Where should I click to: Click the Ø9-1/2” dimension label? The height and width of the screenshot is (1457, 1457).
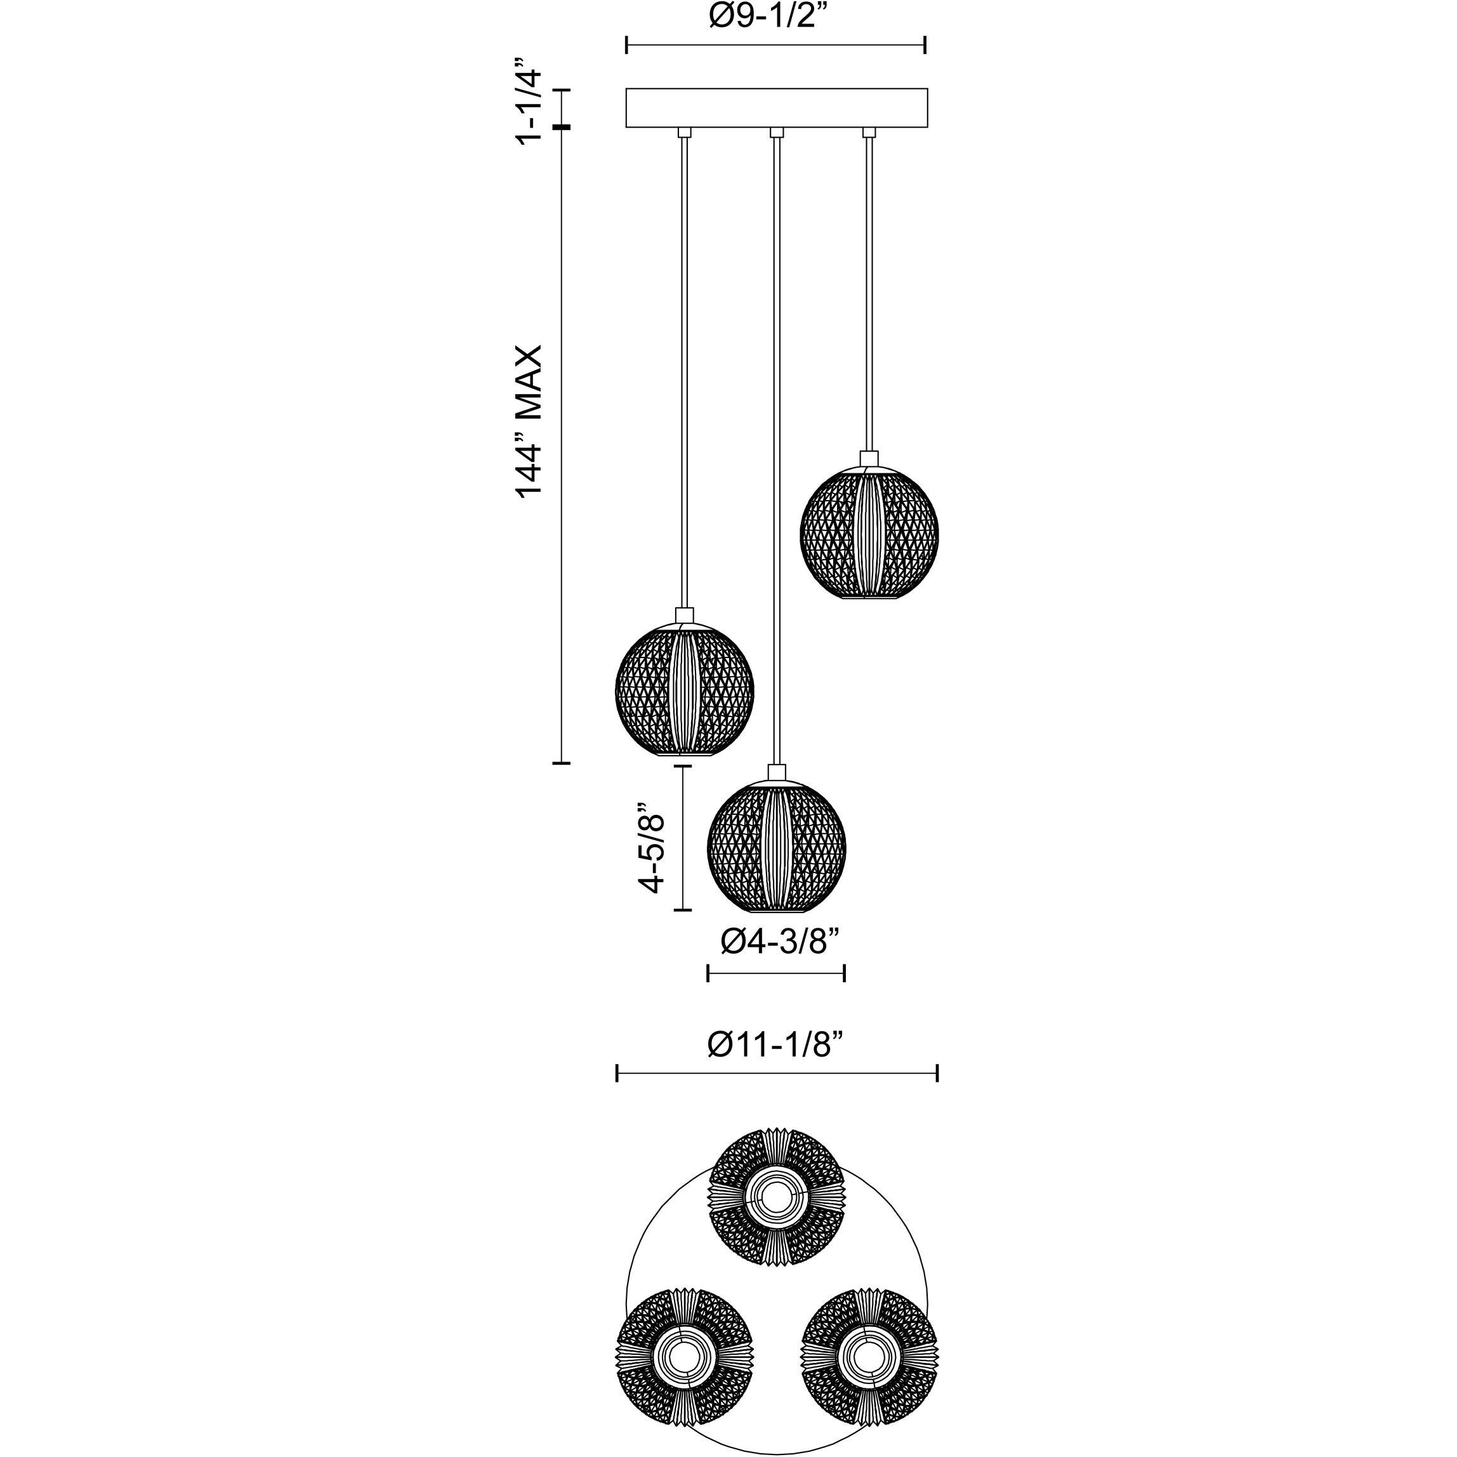tap(774, 16)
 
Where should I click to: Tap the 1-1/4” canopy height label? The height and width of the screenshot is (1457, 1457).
tap(529, 105)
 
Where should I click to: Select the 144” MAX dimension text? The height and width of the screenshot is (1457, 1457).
tap(529, 421)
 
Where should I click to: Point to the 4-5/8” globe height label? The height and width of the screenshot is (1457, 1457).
tap(652, 847)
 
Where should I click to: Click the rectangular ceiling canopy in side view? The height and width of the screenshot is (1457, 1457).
tap(777, 108)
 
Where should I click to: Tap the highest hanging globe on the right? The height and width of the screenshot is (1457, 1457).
tap(869, 533)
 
